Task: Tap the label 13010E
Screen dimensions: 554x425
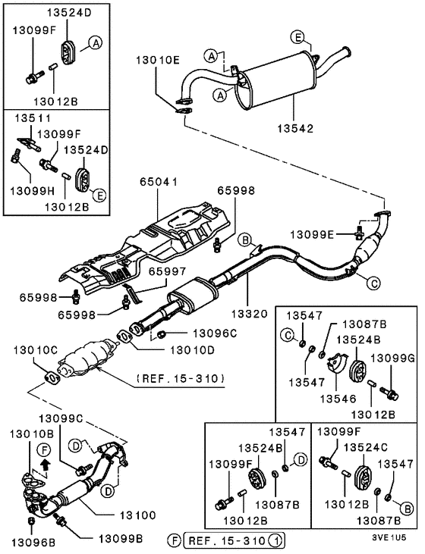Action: (159, 60)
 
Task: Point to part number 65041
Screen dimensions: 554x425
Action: (157, 183)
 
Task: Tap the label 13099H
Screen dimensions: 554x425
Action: (27, 192)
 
